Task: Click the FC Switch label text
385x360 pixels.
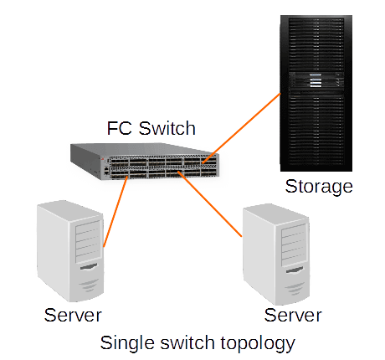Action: [151, 128]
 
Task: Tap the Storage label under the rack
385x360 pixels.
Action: [319, 187]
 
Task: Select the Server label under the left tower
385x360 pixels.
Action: [73, 315]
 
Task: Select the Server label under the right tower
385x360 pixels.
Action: [293, 315]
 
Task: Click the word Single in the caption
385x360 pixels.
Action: [128, 343]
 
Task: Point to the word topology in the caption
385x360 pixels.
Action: [258, 343]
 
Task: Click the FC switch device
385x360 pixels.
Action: [145, 162]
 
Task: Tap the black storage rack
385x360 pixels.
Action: [316, 93]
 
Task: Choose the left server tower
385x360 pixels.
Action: [70, 251]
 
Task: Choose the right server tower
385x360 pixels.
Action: [276, 255]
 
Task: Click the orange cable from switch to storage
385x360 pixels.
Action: [241, 128]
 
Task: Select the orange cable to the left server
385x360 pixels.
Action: [116, 212]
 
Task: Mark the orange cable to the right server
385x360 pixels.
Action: [210, 204]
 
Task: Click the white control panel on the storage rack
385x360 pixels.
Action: [316, 80]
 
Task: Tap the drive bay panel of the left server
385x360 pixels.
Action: [88, 242]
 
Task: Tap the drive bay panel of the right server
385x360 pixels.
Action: [294, 245]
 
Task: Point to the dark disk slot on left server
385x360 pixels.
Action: [89, 267]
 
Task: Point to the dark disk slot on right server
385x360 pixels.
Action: [295, 270]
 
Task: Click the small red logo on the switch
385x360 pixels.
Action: [103, 159]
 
